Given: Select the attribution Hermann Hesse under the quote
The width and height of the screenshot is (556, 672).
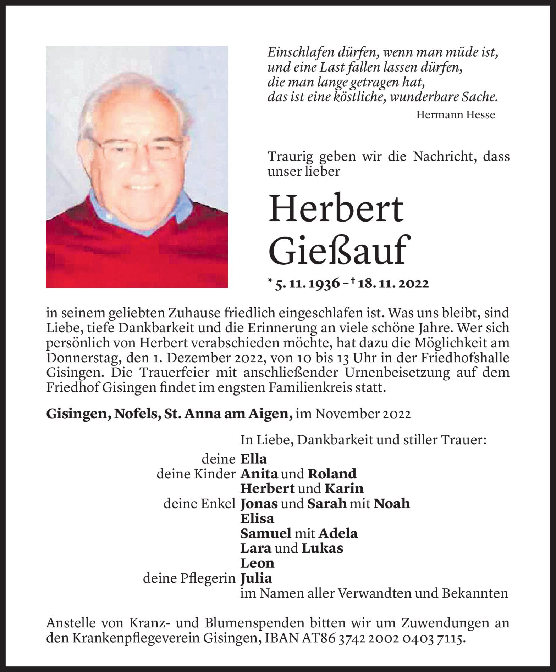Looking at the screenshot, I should coord(455,115).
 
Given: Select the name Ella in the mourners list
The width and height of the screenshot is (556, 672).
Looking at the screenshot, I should coord(253,459).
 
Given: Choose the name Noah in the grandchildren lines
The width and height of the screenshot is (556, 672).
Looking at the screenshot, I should coord(392,504).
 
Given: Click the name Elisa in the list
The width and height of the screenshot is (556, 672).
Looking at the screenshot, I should coord(257,519).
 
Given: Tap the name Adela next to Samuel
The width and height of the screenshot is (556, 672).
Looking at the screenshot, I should coord(338,533).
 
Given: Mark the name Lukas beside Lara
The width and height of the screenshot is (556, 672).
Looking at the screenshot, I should coord(322,548).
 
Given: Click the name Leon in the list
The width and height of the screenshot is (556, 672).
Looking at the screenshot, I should coord(257,563).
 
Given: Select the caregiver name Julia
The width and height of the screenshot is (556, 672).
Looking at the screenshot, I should coord(256,578).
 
